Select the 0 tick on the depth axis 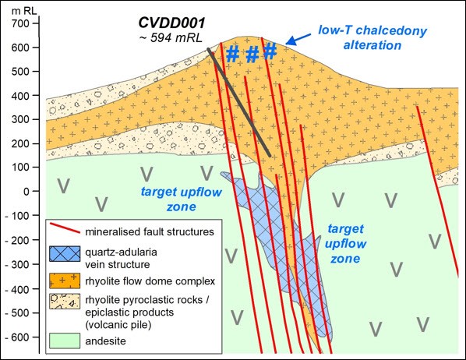[32, 191]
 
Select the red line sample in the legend [67, 231]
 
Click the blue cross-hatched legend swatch [68, 254]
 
